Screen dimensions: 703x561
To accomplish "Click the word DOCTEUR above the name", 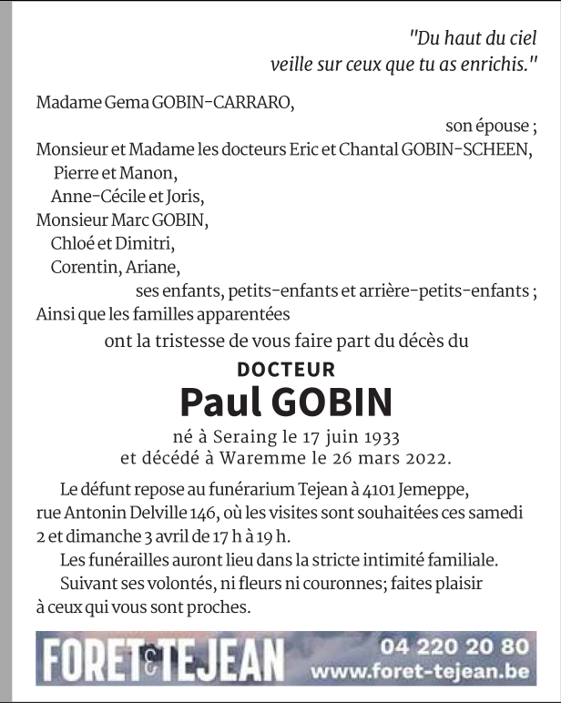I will click(286, 369).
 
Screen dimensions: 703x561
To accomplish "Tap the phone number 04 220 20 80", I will click(454, 647).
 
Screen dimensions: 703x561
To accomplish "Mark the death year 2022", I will click(427, 455).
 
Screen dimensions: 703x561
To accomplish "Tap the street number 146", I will click(209, 513).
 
